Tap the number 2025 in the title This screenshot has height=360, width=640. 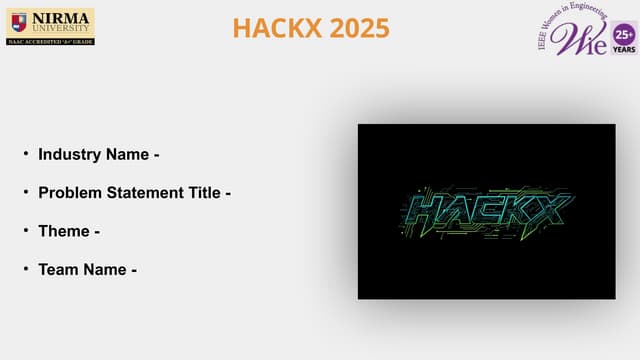coord(357,28)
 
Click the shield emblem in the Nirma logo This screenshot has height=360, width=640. coord(19,21)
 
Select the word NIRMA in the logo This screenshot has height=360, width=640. coord(60,16)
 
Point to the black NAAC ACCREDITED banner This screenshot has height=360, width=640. coord(50,40)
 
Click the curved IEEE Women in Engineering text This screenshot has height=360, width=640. coord(560,20)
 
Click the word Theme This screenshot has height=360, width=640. coord(64,231)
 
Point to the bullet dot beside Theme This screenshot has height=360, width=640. coord(26,231)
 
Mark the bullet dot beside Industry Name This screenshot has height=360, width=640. coord(26,155)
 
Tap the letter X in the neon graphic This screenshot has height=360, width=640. coord(549,210)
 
